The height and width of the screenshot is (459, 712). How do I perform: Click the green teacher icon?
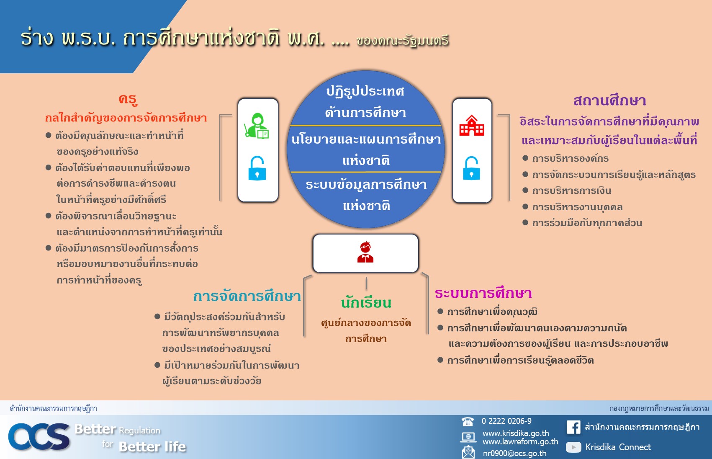pos(257,126)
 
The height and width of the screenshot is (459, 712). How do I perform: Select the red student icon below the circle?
pos(365,252)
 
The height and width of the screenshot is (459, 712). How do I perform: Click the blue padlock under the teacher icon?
pos(257,168)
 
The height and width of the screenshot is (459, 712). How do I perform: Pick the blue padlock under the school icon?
pos(471,168)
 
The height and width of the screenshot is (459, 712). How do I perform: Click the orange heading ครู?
pos(128,99)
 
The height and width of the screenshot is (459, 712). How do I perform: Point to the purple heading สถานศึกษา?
pos(609,101)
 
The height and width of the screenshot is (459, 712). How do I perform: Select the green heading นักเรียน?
pos(366,302)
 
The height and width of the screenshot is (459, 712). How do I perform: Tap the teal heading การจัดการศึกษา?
pos(247,297)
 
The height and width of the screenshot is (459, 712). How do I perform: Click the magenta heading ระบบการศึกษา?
pos(483,293)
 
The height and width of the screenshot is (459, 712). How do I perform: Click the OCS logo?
pos(39,437)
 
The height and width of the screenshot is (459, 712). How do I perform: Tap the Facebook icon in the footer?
pos(573,427)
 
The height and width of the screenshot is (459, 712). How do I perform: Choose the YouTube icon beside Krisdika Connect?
pos(573,447)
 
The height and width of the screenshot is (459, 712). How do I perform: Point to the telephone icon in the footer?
pos(468,421)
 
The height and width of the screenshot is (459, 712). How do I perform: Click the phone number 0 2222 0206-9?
pos(506,421)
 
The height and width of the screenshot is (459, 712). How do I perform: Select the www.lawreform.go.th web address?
pos(520,441)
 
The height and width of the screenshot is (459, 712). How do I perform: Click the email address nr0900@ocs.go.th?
pos(514,453)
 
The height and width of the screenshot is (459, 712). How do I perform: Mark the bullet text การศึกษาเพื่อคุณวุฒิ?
pos(492,312)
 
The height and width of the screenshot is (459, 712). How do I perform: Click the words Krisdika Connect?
pos(618,447)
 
